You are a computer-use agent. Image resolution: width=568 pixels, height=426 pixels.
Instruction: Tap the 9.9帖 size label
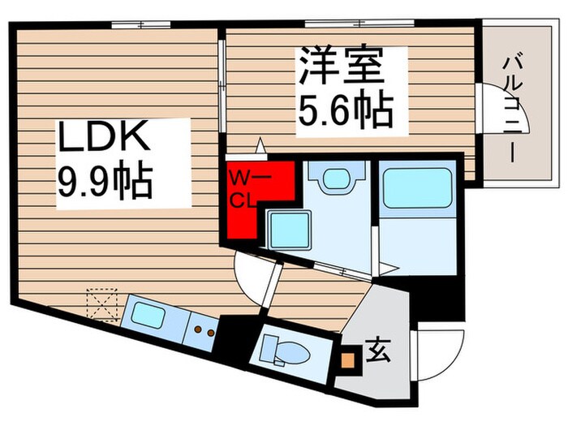point(104,183)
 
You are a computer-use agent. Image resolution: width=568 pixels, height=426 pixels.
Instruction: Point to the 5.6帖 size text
point(344,110)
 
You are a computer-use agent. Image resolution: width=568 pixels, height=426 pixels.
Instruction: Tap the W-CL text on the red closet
point(243,188)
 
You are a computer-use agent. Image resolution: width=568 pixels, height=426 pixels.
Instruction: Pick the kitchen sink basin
point(151,316)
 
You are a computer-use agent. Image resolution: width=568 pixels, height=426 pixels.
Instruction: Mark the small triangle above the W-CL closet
point(260,145)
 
